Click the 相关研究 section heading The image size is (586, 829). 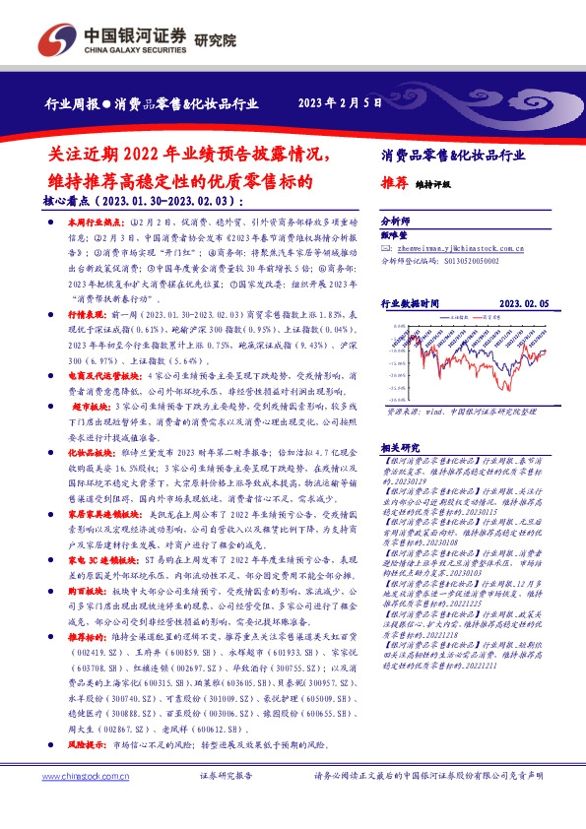(398, 447)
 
